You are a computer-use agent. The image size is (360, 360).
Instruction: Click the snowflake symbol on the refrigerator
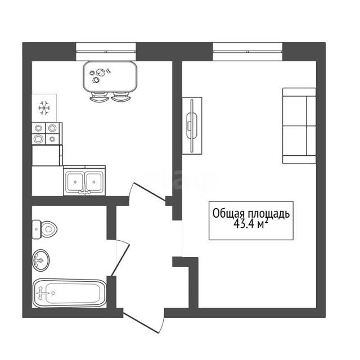pos(44,107)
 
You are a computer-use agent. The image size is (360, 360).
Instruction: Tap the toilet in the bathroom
pos(44,229)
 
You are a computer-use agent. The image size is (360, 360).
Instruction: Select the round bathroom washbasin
pos(41,260)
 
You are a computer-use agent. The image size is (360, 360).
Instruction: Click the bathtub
pos(69,293)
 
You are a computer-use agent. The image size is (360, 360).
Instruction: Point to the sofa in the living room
pos(299,126)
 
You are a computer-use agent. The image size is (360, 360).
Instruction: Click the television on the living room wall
pos(192,125)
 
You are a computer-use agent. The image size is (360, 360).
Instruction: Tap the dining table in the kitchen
pos(110,76)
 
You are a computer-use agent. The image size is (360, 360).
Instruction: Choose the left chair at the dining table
pos(99,97)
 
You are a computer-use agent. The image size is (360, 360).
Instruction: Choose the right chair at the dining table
pos(121,97)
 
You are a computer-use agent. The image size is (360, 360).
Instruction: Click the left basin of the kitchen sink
pos(75,182)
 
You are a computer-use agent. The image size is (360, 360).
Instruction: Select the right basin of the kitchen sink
pos(94,182)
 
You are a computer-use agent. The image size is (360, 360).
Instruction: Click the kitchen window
pos(106,52)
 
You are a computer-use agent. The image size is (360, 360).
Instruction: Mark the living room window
pos(247,52)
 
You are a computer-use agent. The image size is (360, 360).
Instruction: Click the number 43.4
pos(244,224)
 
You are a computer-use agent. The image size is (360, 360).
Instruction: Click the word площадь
pos(268,214)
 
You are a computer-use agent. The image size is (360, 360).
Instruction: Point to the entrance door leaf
pos(141,322)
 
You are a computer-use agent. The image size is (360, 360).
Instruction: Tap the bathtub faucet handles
pos(41,293)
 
